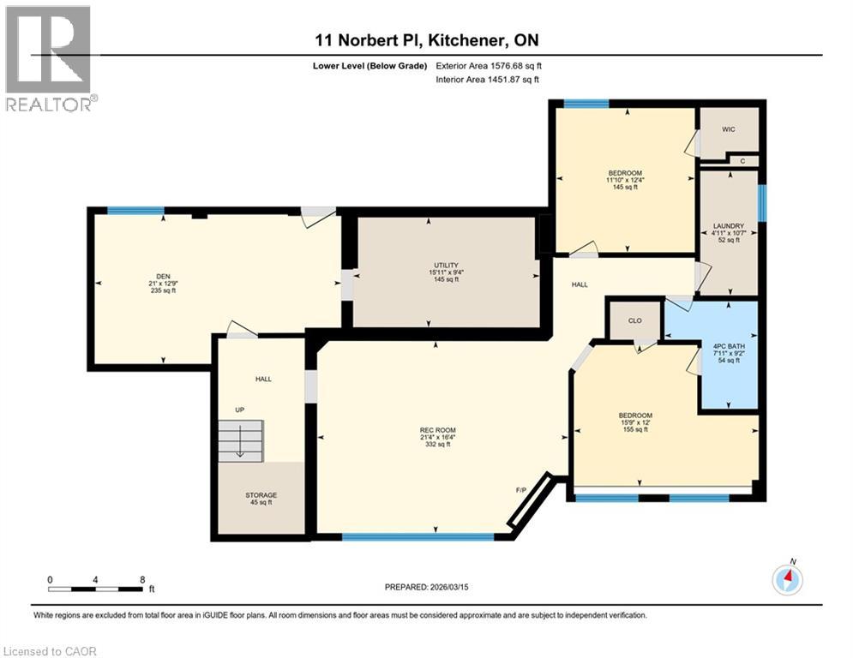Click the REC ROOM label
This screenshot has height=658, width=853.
tap(436, 430)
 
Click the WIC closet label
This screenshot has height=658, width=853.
tap(729, 129)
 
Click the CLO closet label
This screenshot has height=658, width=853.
tap(635, 321)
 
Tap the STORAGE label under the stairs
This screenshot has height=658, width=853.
tap(261, 495)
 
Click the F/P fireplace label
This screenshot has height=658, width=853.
tap(520, 489)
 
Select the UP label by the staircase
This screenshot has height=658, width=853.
tap(240, 410)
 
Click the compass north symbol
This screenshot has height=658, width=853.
tap(786, 579)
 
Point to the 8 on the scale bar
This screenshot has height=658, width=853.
tap(141, 579)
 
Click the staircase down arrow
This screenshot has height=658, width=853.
tap(240, 446)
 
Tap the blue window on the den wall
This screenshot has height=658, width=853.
tap(135, 211)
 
